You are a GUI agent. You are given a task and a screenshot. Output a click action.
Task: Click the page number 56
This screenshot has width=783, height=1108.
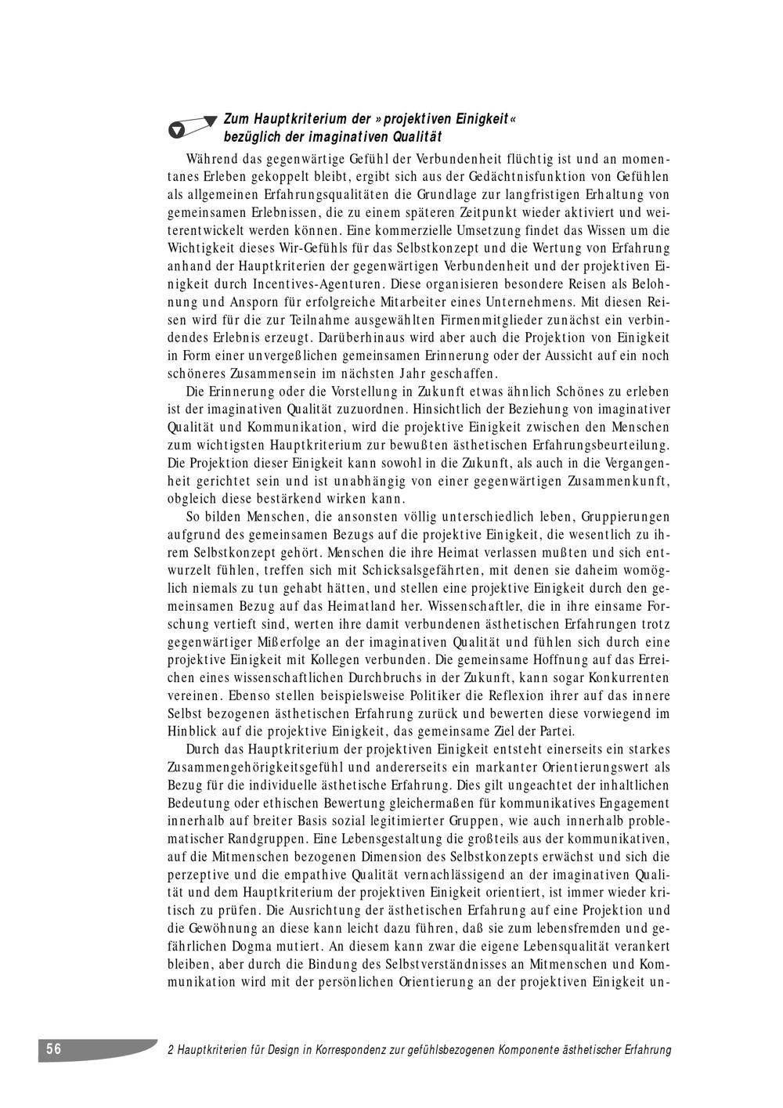tap(53, 1049)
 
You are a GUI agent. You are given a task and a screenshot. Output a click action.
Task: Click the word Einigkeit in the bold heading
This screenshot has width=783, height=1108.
tap(481, 119)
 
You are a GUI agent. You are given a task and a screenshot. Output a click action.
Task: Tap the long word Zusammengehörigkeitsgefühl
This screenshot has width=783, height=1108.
tap(260, 767)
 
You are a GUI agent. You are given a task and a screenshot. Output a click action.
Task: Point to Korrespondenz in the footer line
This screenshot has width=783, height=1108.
tap(349, 1050)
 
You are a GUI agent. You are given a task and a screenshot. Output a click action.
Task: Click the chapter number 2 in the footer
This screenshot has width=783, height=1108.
tap(171, 1050)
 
